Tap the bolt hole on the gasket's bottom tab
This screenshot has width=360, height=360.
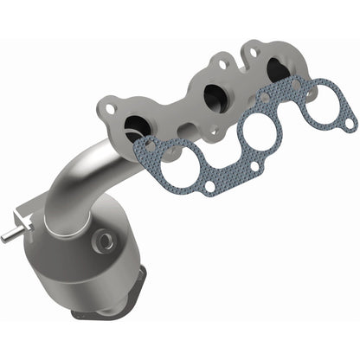tap(209, 185)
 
